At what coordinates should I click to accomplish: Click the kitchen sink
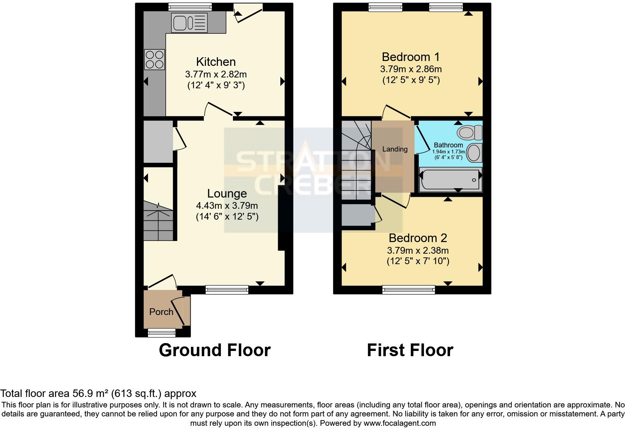(x=189, y=22)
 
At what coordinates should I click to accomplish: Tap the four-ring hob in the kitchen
(x=155, y=60)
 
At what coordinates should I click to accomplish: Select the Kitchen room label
(x=216, y=62)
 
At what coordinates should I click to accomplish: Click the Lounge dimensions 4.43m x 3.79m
(x=227, y=205)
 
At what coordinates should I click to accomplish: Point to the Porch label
(x=161, y=312)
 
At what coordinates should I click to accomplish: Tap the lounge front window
(x=227, y=289)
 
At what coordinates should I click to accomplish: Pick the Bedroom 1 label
(x=410, y=57)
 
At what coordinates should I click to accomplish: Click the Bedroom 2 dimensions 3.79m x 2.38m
(x=418, y=250)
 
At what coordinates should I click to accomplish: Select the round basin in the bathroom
(x=474, y=153)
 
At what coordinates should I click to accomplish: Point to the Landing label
(x=395, y=149)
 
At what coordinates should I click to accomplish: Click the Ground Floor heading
(x=215, y=350)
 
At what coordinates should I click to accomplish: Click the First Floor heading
(x=410, y=350)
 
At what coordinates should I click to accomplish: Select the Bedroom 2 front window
(x=409, y=290)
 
